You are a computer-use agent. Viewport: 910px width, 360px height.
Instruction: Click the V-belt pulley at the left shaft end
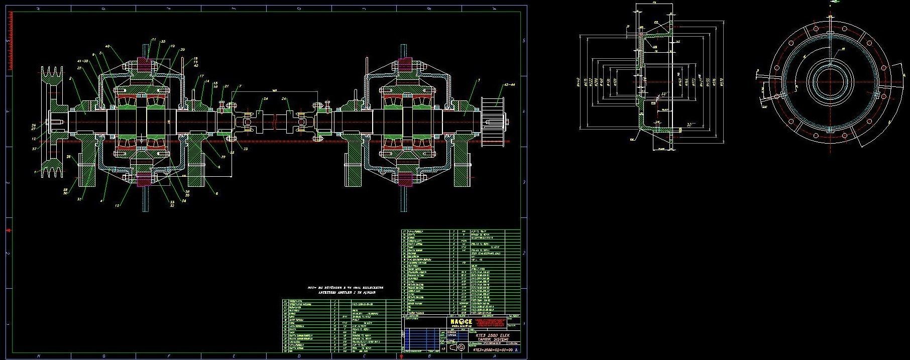click(52, 121)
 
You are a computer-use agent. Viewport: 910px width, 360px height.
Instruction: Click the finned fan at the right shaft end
click(492, 121)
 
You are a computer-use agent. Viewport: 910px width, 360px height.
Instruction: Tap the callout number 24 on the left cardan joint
click(265, 99)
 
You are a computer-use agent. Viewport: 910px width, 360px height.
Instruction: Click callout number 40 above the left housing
click(107, 46)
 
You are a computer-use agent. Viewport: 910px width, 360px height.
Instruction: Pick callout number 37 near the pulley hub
click(34, 149)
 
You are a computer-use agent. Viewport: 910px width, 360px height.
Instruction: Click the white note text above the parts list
click(345, 290)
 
